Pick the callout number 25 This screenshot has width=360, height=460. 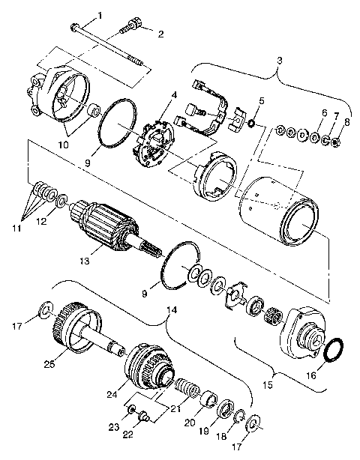(x=49, y=365)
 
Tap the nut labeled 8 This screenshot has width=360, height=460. (x=335, y=140)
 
